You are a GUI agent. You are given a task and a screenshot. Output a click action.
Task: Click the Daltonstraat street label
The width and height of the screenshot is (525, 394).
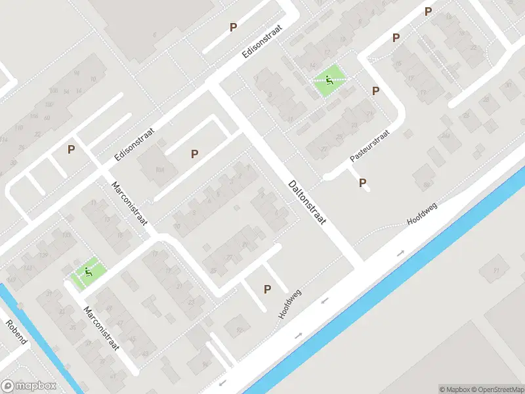point(306,204)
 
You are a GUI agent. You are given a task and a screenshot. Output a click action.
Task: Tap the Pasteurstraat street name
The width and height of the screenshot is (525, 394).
point(369,146)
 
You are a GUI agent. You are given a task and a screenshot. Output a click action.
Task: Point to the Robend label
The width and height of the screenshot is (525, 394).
point(16,332)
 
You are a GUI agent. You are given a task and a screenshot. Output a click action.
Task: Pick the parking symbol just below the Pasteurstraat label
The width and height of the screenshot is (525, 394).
point(362,183)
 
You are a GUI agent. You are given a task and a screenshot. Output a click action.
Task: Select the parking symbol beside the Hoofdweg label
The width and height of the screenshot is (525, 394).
point(267,289)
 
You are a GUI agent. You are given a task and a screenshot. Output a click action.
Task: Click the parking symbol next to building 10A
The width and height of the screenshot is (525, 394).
point(194,154)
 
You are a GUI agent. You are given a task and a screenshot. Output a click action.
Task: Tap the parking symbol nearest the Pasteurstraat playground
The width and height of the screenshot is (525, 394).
point(375,91)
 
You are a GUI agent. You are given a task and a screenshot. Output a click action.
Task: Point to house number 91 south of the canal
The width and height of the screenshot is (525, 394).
point(496,271)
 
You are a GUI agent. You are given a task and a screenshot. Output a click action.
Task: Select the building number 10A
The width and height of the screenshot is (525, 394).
point(159,170)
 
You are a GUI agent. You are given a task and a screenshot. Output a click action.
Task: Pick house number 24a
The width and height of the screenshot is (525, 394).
point(446,136)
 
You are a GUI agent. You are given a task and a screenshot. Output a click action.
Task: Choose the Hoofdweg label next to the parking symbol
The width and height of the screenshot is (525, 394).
point(289,304)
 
